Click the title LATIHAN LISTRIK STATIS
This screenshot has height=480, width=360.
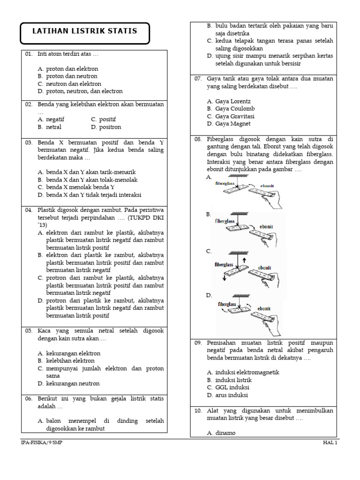coord(84,31)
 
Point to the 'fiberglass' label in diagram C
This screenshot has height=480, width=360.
coord(224,264)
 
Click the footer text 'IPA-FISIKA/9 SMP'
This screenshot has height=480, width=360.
coord(41,443)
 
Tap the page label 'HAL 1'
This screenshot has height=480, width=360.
coord(330,443)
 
